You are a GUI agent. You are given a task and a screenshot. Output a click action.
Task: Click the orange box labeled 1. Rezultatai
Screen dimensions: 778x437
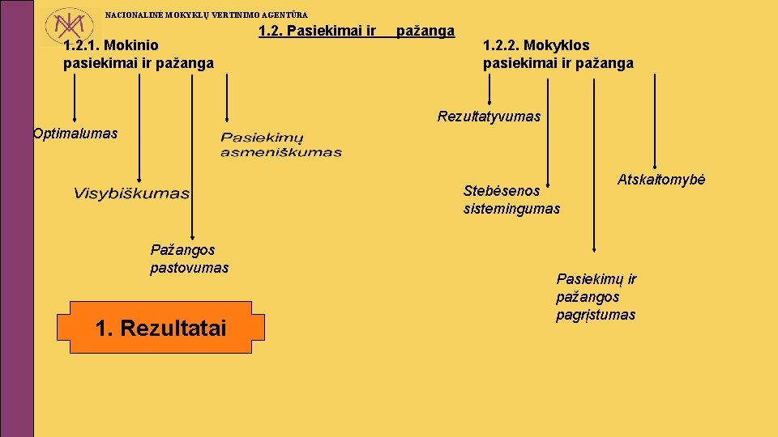(160, 328)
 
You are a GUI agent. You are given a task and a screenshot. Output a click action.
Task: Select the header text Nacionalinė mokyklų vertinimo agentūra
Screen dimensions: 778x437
(207, 15)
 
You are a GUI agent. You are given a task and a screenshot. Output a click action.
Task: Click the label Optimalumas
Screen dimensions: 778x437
(75, 134)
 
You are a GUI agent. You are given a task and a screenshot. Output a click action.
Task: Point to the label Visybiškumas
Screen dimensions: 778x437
(132, 193)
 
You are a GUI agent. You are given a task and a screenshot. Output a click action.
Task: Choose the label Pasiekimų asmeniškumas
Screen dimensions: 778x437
(281, 145)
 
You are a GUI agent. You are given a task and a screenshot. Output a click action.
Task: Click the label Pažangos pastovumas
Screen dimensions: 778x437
(190, 258)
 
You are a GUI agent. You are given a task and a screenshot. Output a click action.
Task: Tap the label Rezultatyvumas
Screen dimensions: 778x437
(489, 117)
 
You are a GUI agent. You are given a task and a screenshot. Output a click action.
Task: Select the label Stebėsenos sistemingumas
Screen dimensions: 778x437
(511, 200)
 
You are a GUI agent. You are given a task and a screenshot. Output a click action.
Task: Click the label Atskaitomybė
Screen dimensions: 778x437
(661, 180)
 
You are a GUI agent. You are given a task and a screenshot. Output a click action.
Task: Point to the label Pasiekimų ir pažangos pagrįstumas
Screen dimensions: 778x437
(596, 297)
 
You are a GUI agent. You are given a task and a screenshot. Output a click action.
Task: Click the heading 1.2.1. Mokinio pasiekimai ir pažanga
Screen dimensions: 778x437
(139, 54)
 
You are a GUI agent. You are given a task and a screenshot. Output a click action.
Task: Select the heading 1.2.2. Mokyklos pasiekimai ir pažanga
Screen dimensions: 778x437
(558, 54)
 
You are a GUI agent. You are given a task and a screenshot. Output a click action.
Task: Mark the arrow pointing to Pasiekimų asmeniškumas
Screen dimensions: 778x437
(227, 97)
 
